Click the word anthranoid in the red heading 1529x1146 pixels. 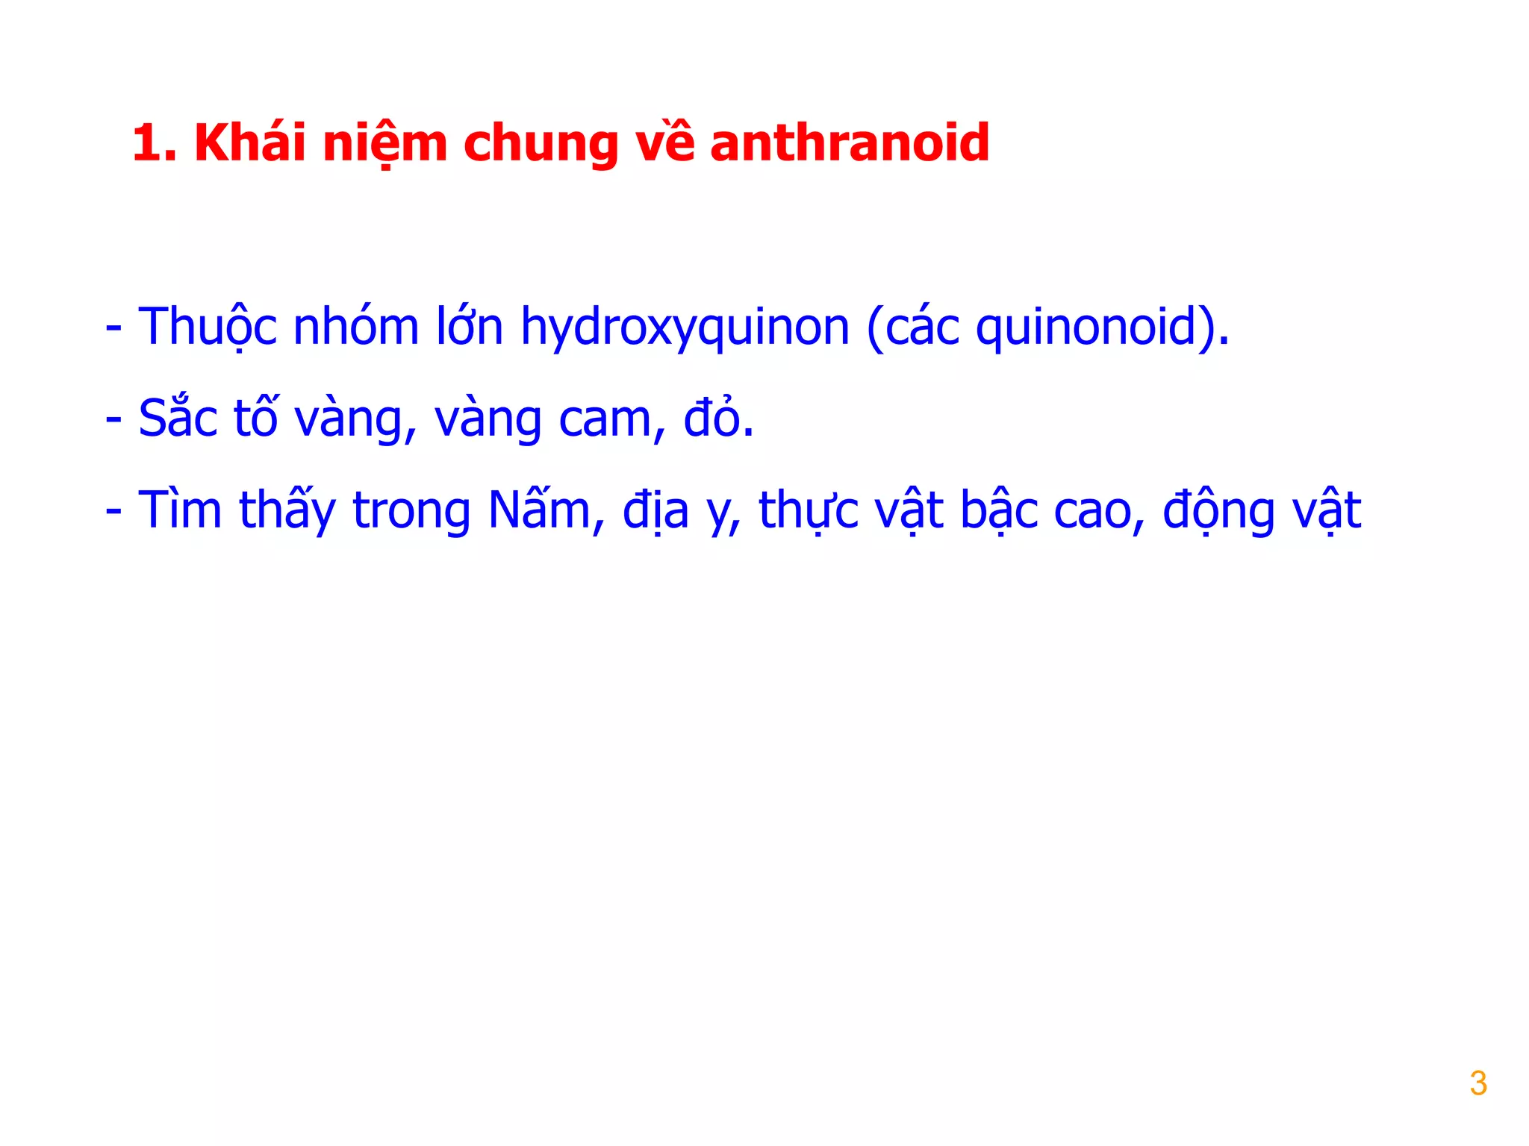click(849, 143)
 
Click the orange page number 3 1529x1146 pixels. click(1477, 1083)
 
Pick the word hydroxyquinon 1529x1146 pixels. click(685, 328)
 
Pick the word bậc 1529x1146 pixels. click(999, 510)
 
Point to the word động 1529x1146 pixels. click(1218, 512)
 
